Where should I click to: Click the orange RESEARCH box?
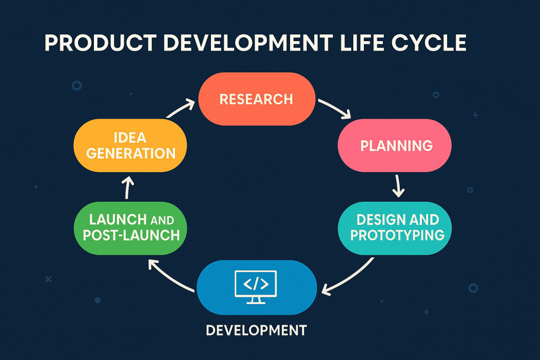point(256,99)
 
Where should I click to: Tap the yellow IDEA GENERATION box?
point(131,145)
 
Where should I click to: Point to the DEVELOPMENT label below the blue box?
point(256,330)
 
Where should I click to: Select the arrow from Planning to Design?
point(399,185)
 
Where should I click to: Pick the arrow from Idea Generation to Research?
point(180,109)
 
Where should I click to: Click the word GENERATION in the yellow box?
point(131,153)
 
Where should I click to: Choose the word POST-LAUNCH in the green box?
point(131,235)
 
